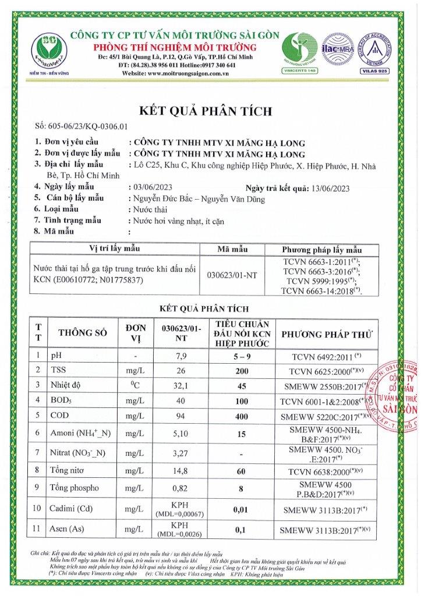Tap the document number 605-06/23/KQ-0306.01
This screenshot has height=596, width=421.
tap(81, 126)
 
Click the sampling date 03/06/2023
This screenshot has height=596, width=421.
tap(150, 187)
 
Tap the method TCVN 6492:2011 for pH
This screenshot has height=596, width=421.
tap(324, 355)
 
